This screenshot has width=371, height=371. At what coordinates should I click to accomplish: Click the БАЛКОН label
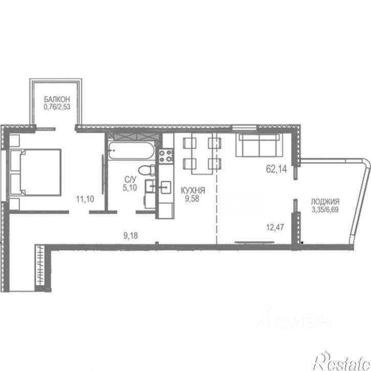pos(57,99)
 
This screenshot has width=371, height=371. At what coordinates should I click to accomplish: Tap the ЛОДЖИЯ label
pos(325,202)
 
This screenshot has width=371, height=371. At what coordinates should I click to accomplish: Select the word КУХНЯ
pos(193,190)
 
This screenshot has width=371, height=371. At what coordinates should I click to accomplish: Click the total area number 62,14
pos(276,169)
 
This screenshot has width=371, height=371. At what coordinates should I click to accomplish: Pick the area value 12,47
pos(275,227)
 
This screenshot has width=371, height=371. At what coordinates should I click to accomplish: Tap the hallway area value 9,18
pos(130,236)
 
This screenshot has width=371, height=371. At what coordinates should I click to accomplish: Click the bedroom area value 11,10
pos(85,199)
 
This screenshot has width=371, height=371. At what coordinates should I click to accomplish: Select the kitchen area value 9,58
pos(192,199)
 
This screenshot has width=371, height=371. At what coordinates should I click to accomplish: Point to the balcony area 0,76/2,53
pos(57,107)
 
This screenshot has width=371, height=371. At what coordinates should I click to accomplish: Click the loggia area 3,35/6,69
pos(325,210)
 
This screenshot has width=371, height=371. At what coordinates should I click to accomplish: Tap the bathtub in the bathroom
pos(132,150)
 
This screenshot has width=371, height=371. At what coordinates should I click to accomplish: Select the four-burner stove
pos(166,156)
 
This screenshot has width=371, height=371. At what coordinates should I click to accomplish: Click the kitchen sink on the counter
pos(166,187)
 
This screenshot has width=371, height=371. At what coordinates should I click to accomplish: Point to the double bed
pos(35,172)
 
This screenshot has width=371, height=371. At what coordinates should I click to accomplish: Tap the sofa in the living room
pos(259,145)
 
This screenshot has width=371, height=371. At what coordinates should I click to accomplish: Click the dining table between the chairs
pos(202,154)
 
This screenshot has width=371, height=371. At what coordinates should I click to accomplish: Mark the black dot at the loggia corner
pos(302,243)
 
